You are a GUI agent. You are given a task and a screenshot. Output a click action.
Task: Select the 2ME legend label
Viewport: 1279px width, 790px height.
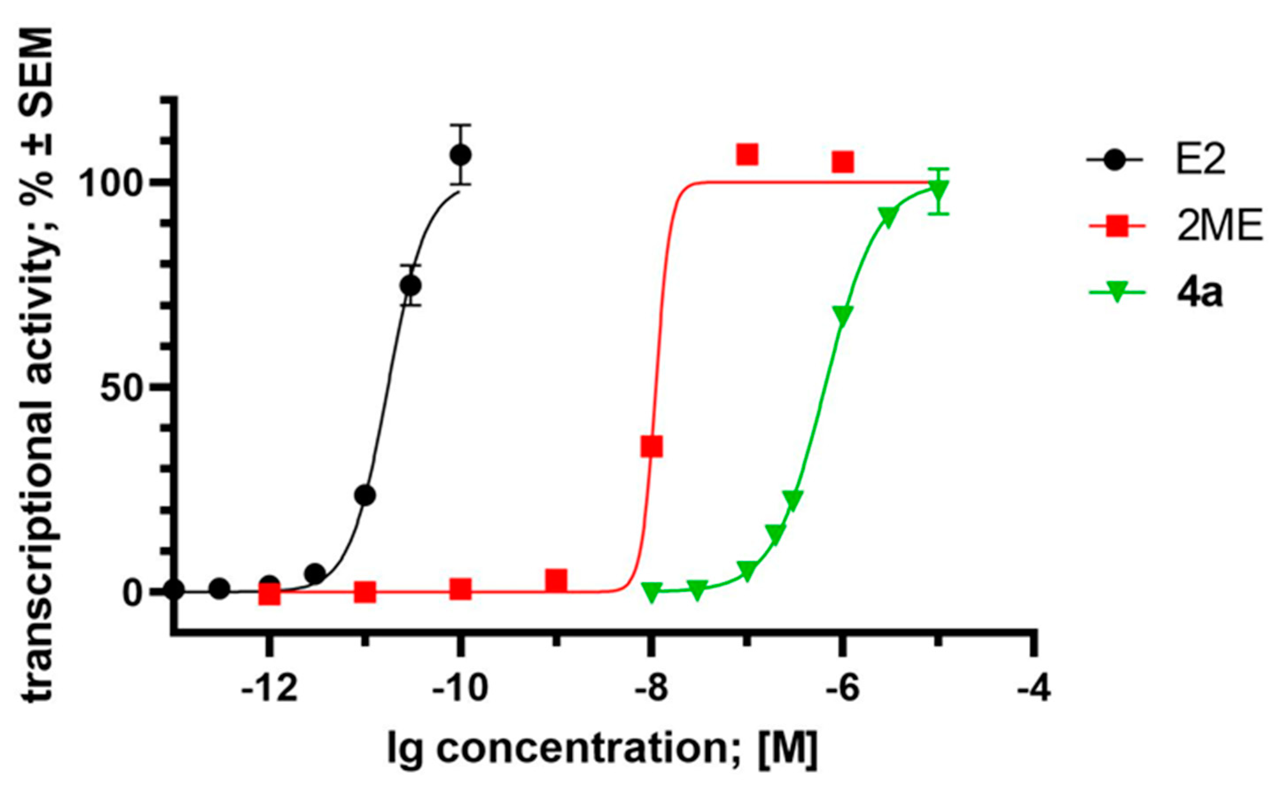pos(1220,228)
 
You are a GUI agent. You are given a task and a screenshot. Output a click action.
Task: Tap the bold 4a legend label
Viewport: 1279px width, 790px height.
pos(1199,294)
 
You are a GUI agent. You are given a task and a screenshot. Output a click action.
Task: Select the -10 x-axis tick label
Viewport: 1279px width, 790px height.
pos(460,690)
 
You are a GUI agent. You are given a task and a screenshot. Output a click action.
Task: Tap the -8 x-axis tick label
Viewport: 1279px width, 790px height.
pos(651,690)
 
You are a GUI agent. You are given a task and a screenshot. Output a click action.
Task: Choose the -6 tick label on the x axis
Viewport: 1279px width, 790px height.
pos(842,690)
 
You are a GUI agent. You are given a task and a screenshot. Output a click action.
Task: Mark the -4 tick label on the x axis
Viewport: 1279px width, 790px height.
pos(1033,690)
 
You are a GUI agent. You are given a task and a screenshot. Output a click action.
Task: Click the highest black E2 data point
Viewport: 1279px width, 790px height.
pos(461,155)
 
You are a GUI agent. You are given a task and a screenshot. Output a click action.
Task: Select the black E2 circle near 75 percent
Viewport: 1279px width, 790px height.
pos(411,286)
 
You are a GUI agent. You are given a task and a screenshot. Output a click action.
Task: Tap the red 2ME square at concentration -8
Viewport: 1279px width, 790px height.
pos(652,447)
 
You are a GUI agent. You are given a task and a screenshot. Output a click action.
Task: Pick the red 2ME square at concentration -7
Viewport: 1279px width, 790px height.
pos(747,155)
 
